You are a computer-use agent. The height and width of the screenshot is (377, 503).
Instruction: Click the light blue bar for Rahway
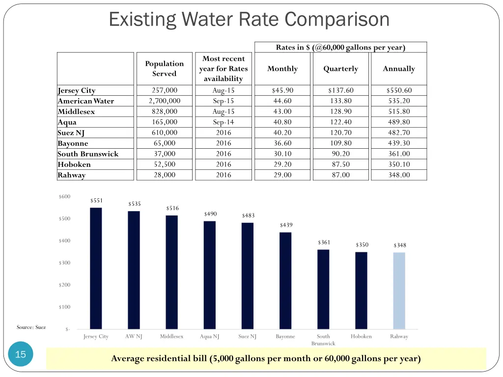click(399, 291)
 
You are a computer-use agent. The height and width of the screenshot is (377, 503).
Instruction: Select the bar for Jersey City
click(96, 268)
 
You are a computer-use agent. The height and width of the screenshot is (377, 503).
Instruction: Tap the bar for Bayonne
click(285, 280)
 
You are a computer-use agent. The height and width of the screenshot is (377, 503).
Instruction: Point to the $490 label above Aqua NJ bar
click(210, 214)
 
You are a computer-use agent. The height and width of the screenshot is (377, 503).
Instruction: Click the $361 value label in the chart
click(324, 242)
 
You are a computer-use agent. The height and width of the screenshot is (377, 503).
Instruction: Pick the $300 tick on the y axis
click(64, 263)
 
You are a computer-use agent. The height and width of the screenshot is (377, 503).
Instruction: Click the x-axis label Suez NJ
click(247, 337)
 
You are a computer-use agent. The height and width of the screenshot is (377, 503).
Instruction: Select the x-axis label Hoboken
click(361, 337)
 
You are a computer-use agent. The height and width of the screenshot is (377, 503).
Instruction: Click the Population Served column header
click(164, 69)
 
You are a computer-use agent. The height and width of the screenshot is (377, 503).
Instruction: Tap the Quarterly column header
click(340, 69)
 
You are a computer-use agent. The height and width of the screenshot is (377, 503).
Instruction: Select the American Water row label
click(86, 101)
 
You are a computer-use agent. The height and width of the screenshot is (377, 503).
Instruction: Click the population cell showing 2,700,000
click(164, 101)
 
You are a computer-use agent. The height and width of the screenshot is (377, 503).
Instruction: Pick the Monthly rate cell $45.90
click(282, 90)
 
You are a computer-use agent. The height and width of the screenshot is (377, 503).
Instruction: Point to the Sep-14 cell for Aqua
click(224, 122)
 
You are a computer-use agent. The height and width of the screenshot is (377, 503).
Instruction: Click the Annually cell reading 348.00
click(399, 175)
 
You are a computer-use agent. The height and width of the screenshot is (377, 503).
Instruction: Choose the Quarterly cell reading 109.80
click(340, 143)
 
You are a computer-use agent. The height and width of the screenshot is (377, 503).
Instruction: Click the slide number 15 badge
click(21, 354)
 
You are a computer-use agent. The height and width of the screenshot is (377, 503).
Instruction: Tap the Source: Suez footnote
click(31, 327)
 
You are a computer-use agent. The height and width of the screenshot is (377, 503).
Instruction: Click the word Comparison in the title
click(337, 20)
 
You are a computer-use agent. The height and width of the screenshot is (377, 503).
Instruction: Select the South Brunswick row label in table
click(88, 154)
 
